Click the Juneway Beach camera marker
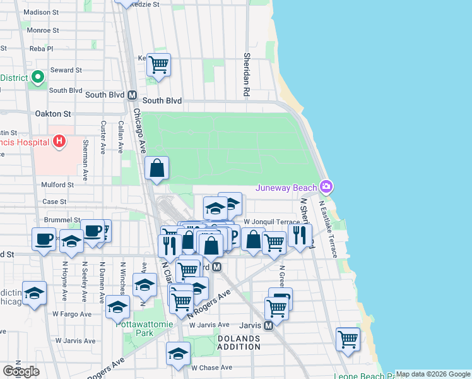pyautogui.click(x=326, y=186)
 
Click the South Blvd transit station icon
pyautogui.click(x=133, y=95)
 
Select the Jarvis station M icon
pyautogui.click(x=268, y=325)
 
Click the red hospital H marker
pyautogui.click(x=59, y=140)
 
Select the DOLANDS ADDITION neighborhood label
pyautogui.click(x=239, y=342)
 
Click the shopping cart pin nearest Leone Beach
pyautogui.click(x=348, y=339)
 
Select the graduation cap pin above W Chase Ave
pyautogui.click(x=178, y=353)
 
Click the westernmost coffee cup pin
pyautogui.click(x=44, y=239)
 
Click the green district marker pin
pyautogui.click(x=37, y=77)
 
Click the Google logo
pyautogui.click(x=21, y=371)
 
